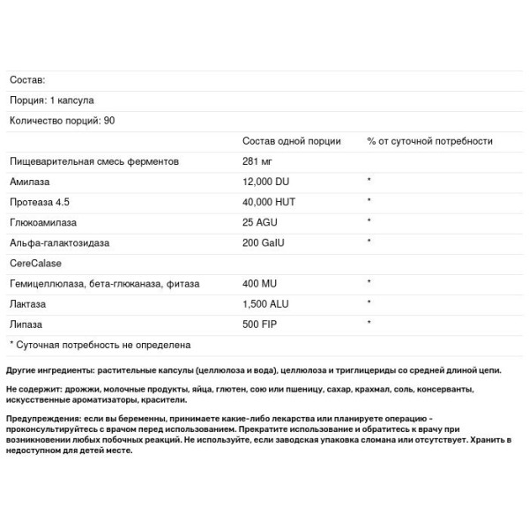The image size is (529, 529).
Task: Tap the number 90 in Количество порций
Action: click(x=109, y=121)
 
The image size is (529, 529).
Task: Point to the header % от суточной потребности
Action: click(x=429, y=141)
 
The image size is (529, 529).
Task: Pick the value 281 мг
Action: click(x=258, y=161)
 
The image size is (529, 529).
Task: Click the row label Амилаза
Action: click(x=30, y=182)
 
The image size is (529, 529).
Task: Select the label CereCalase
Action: click(x=35, y=263)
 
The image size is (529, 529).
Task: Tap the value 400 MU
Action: click(x=260, y=284)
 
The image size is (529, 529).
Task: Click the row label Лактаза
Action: click(x=29, y=304)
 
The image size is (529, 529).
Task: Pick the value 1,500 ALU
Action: click(x=267, y=304)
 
